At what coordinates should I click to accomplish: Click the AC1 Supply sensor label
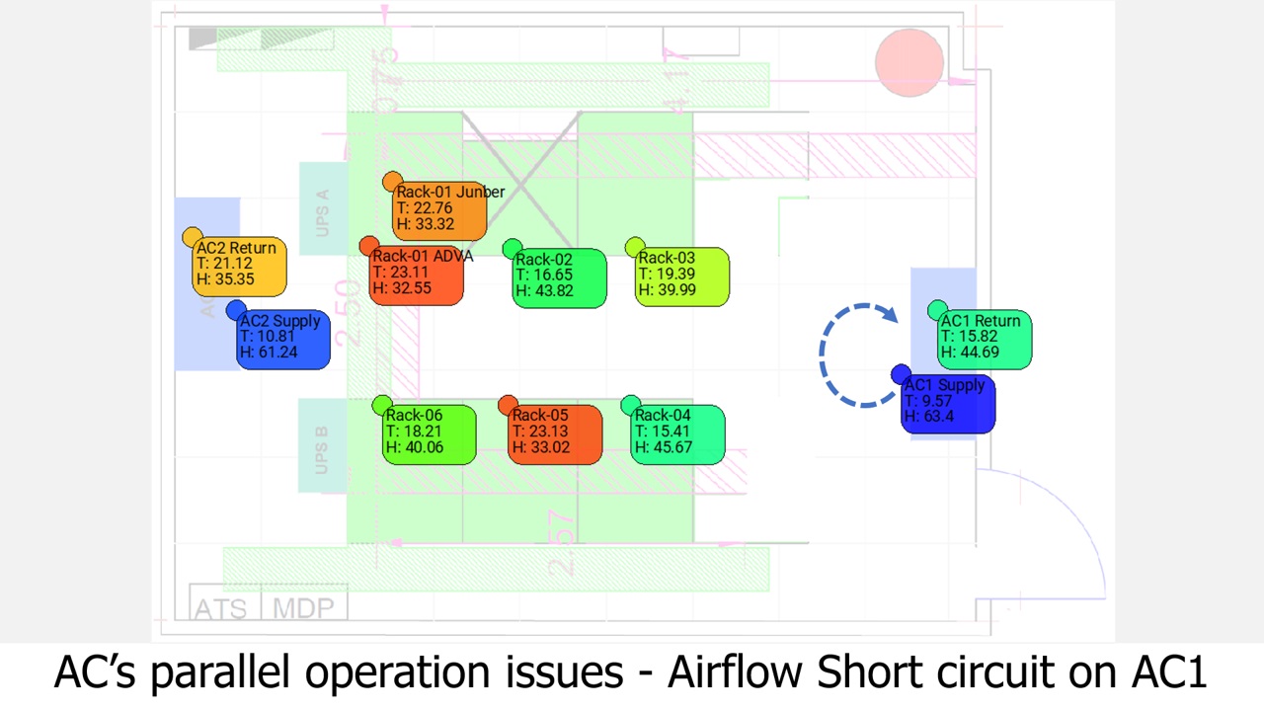tap(948, 402)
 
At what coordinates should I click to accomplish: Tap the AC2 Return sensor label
tap(239, 265)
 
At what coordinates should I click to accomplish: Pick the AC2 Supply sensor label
tap(283, 338)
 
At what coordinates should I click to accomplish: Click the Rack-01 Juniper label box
tap(440, 209)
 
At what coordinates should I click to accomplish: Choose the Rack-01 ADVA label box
tap(416, 274)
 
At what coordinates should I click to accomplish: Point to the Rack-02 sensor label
tap(559, 276)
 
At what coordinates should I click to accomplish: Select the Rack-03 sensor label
tap(681, 276)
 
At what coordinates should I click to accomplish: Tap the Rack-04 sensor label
tap(677, 433)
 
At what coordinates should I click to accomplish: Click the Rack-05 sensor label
tap(555, 433)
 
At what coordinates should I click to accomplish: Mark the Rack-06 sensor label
tap(429, 433)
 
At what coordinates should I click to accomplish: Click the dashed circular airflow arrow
tap(857, 355)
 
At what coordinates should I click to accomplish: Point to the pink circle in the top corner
tap(909, 63)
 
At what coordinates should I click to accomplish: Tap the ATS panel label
tap(221, 608)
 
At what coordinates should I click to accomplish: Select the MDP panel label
tap(303, 608)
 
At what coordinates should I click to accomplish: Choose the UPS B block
tap(322, 446)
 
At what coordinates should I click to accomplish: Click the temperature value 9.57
tap(937, 402)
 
